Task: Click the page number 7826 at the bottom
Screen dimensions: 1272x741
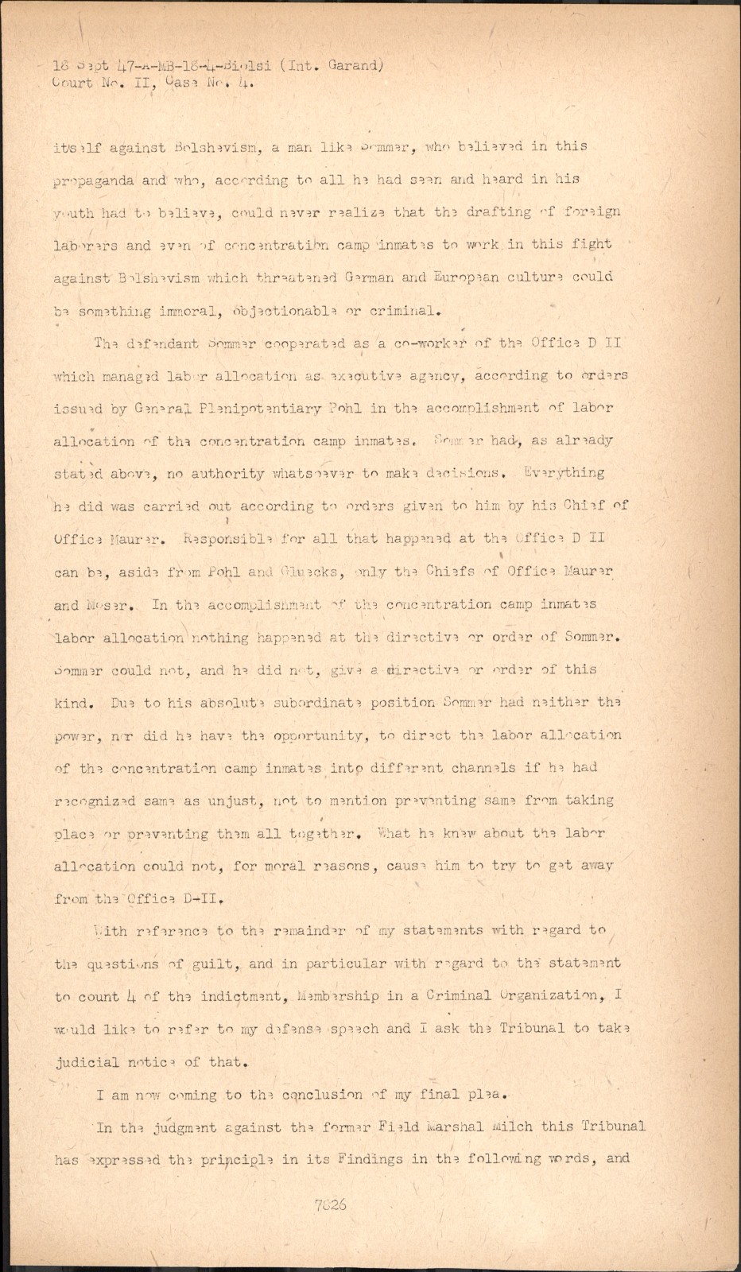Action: coord(330,1204)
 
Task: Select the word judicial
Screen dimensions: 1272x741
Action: coord(87,1062)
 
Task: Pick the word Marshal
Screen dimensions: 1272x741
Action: coord(454,1127)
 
